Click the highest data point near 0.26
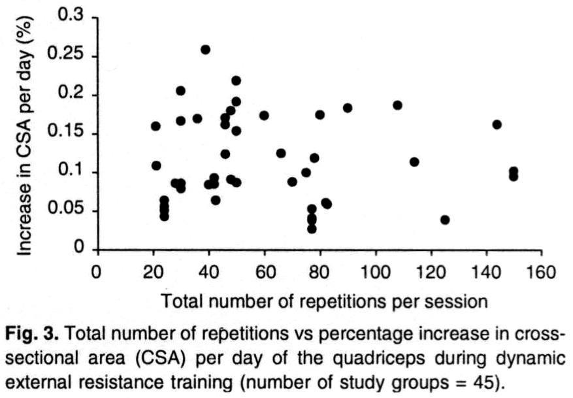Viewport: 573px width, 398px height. [x=205, y=50]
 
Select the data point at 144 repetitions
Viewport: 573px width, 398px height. [x=497, y=124]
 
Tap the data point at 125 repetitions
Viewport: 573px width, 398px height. [x=445, y=220]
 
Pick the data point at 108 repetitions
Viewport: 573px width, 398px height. [x=397, y=105]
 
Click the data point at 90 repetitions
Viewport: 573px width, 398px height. [x=348, y=108]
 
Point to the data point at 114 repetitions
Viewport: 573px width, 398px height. [x=414, y=161]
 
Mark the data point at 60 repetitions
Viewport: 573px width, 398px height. [x=264, y=116]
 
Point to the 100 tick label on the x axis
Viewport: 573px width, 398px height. [x=375, y=272]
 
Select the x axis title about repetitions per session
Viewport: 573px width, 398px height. [x=323, y=301]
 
